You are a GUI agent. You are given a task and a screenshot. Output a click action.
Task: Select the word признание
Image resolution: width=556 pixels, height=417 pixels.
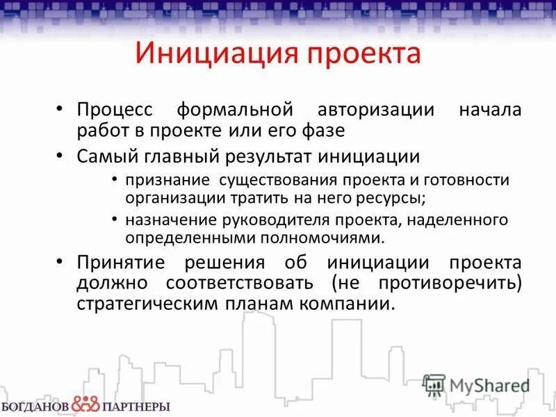point(169,181)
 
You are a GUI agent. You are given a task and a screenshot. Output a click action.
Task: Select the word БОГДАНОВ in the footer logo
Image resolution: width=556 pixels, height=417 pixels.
point(35,406)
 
